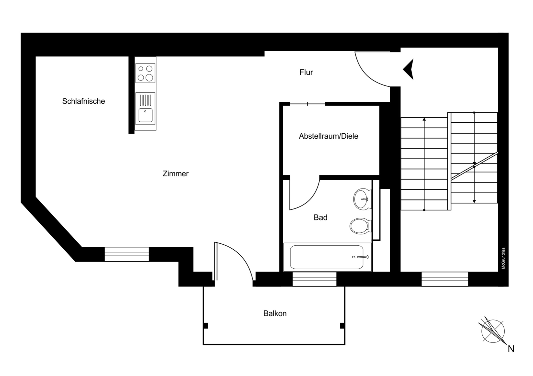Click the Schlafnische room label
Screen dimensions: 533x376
coord(84,101)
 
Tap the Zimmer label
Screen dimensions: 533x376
coord(176,174)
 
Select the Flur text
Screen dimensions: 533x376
coord(306,72)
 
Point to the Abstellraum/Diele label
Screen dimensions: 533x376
coord(328,136)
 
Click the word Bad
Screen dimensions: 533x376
coord(320,217)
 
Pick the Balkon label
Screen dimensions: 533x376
coord(275,313)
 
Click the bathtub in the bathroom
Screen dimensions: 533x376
coord(327,257)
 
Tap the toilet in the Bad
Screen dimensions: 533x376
coord(360,226)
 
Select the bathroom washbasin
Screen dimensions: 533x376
coord(362,199)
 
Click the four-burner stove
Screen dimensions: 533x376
coord(145,73)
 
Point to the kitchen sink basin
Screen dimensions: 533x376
coord(145,115)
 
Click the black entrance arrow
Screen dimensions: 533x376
coord(408,69)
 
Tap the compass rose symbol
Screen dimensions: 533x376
coord(493,331)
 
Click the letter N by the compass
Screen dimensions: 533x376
coord(511,349)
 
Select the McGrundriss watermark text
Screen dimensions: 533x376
coord(503,258)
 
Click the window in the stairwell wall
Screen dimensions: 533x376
coord(445,279)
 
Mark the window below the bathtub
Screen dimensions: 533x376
coord(314,279)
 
